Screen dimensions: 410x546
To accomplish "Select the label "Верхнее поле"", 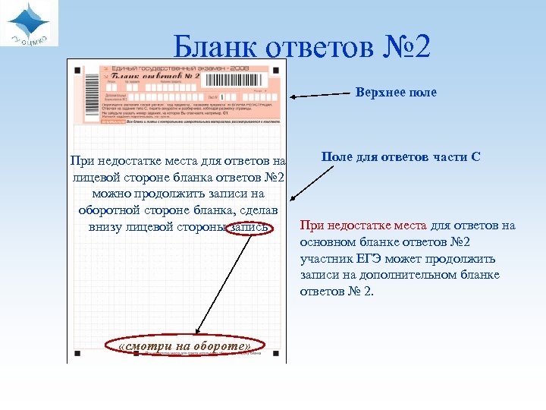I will (x=396, y=93).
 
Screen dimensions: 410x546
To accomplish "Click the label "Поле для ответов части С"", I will (x=401, y=157).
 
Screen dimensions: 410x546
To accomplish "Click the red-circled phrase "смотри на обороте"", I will (x=186, y=346).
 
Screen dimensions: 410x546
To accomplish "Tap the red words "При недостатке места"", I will (x=364, y=225).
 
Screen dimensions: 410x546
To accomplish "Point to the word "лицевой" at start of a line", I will (x=96, y=178).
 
